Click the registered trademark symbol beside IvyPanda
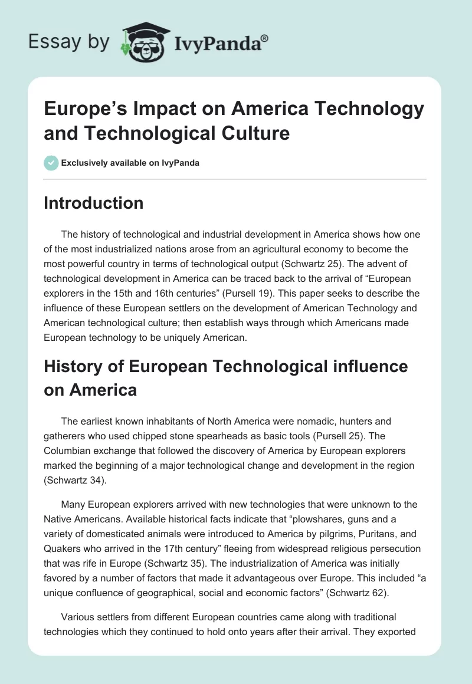point(264,38)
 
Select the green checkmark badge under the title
point(51,163)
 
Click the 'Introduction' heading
point(93,203)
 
